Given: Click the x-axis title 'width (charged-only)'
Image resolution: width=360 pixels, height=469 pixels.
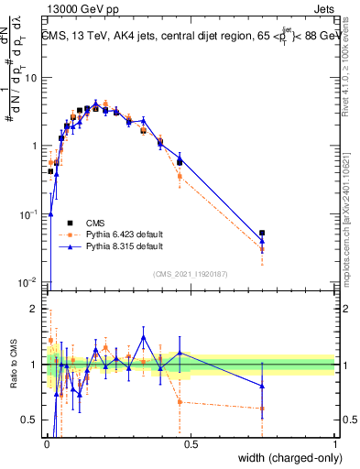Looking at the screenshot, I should (284, 457).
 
